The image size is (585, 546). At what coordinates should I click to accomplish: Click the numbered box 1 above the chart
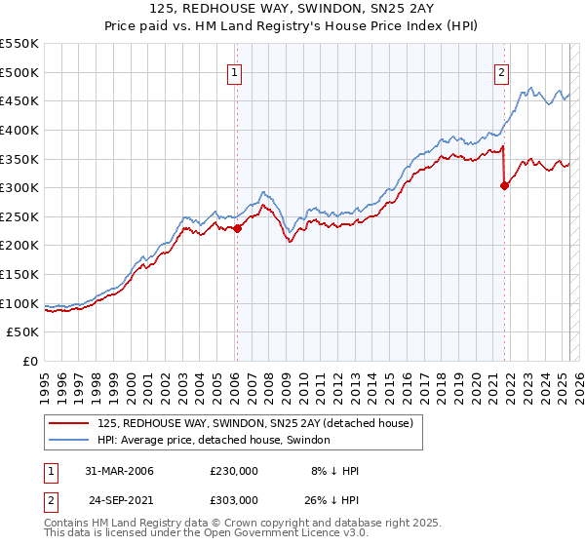point(236,71)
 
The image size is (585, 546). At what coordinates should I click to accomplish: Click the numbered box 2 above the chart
point(501,71)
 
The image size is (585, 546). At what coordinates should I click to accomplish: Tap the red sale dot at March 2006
point(237,228)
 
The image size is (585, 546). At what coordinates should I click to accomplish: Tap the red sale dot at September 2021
point(504,186)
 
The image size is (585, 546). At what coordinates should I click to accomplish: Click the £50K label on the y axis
point(23,332)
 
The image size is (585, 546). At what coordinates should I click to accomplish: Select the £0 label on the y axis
point(30,362)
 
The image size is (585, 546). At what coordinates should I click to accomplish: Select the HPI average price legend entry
point(214,440)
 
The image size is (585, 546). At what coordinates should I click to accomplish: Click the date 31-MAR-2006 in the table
point(120,470)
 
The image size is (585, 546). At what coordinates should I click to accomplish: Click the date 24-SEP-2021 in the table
point(121,499)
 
